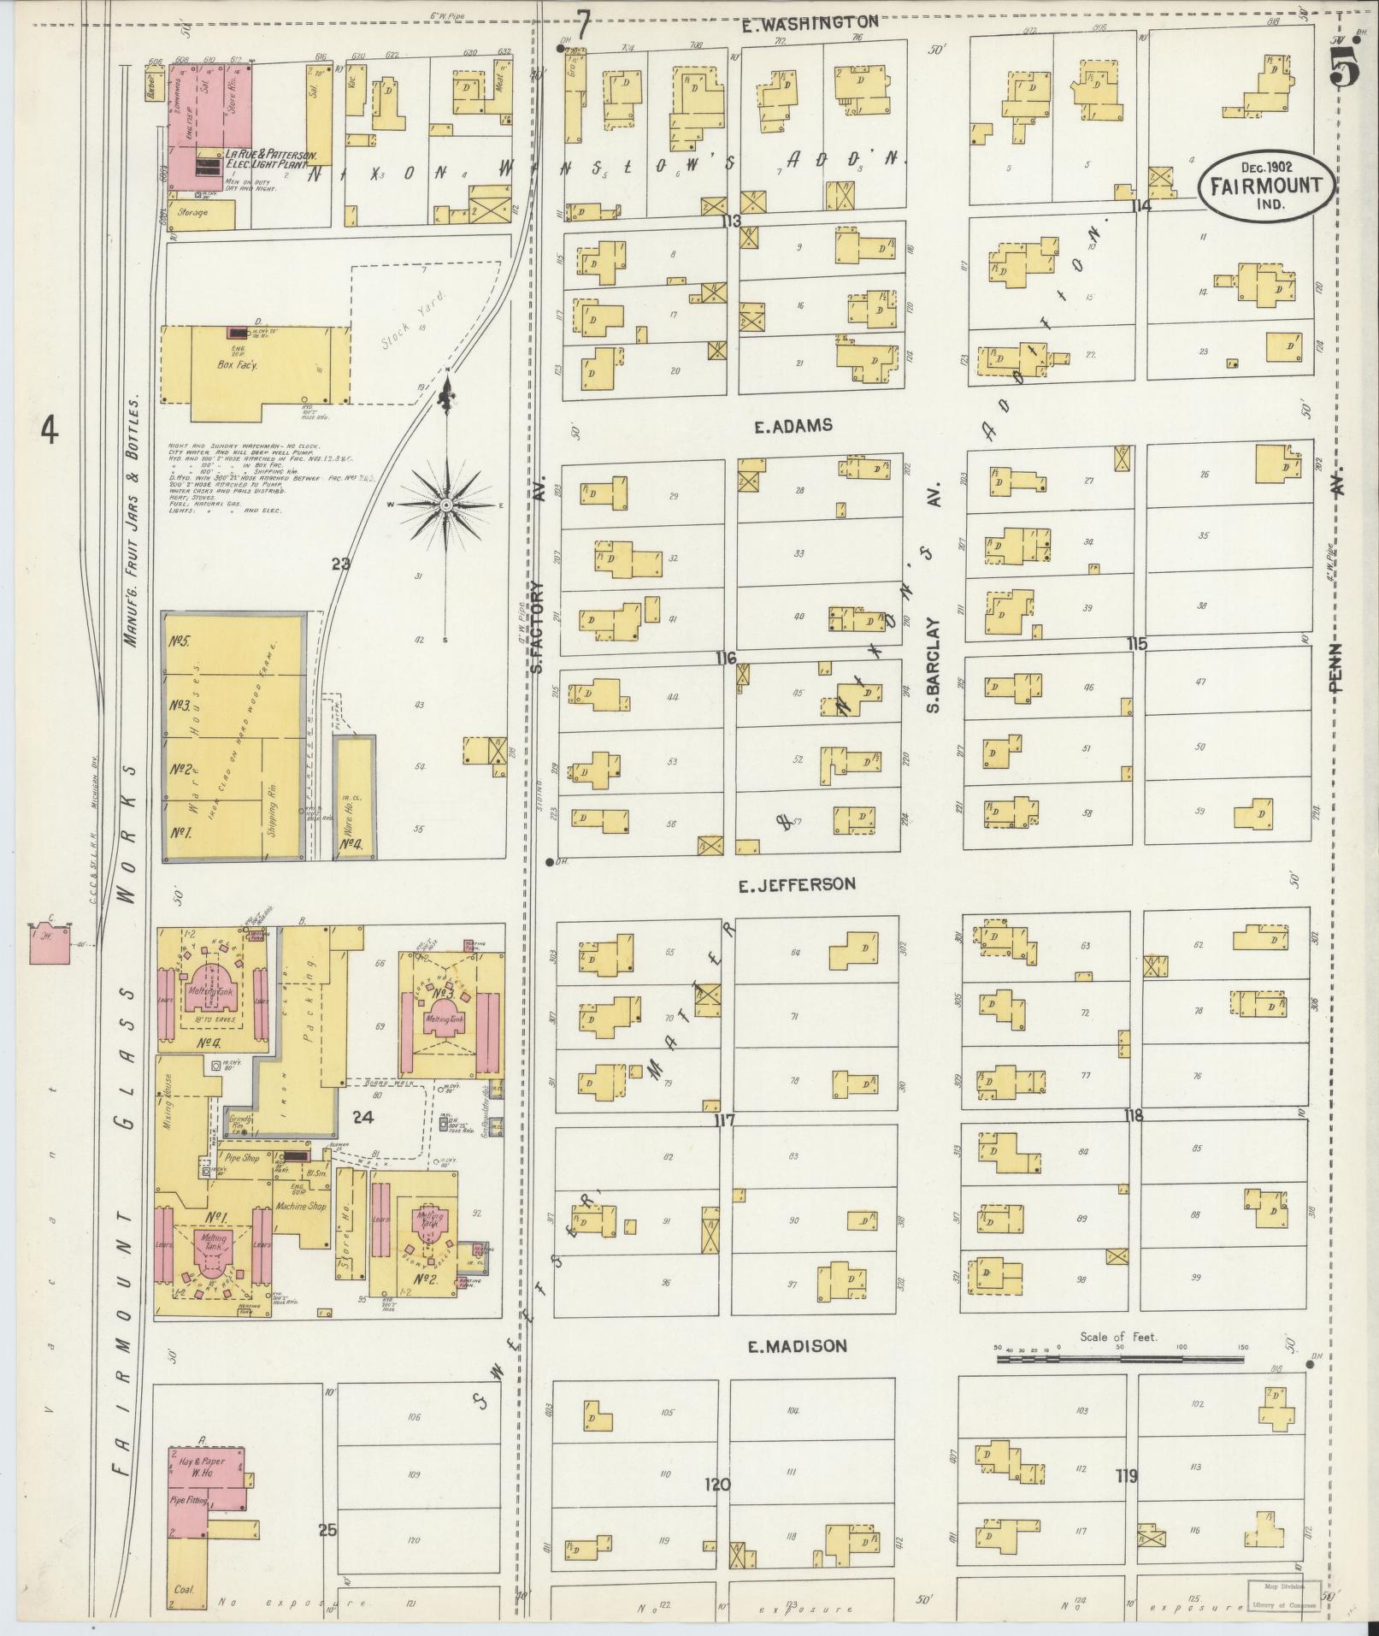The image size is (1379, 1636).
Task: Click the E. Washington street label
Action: pos(809,23)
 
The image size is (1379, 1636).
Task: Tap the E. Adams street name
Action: pos(793,426)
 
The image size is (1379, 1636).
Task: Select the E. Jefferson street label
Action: pos(796,884)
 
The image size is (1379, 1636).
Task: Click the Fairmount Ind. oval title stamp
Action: pos(1264,187)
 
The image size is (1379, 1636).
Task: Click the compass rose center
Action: pos(445,506)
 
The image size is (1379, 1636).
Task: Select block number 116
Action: pos(726,658)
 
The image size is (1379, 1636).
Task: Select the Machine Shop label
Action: pos(301,1206)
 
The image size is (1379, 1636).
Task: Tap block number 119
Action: pos(1126,1475)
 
